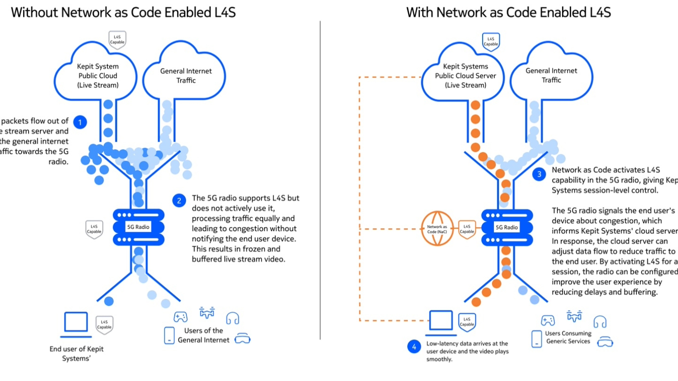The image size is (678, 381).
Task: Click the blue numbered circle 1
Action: [x=80, y=123]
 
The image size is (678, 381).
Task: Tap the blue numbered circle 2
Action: [x=179, y=201]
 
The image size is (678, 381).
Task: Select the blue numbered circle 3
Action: [x=540, y=175]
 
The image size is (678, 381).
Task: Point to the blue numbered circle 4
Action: [x=414, y=347]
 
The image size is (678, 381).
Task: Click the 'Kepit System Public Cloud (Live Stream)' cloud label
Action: [x=98, y=76]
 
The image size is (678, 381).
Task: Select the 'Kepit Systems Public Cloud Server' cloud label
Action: [x=466, y=76]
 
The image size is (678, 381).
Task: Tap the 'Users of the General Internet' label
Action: [x=203, y=335]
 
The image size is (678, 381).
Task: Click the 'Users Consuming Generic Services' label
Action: [x=568, y=337]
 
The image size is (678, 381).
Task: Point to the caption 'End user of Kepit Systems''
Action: [x=76, y=354]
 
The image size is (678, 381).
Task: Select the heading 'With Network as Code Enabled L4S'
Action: [x=508, y=12]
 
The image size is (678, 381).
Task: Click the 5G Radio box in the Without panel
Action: [x=138, y=227]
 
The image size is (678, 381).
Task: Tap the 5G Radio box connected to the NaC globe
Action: [x=506, y=227]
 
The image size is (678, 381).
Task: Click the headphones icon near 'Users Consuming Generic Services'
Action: [x=599, y=321]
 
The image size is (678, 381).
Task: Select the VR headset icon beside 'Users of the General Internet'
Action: [x=242, y=338]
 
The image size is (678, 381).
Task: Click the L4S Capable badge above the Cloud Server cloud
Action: [x=491, y=41]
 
